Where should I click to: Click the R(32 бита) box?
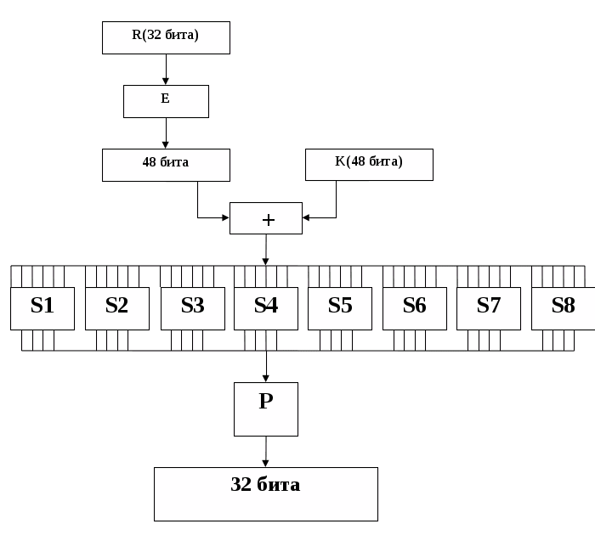point(166,38)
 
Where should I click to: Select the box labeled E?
point(166,101)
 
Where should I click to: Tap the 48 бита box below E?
point(166,165)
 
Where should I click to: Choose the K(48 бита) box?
point(369,164)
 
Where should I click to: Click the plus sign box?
point(266,218)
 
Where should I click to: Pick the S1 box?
point(42,308)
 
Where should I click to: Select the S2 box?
point(117,308)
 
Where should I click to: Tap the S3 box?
point(192,308)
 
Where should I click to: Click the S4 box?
point(266,308)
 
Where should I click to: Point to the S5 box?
point(340,308)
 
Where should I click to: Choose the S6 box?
point(415,308)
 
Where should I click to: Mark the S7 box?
point(489,308)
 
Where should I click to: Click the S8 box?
point(563,308)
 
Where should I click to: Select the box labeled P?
point(266,408)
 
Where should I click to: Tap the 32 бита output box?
point(266,493)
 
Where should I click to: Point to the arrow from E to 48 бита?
point(166,133)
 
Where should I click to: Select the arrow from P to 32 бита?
point(266,452)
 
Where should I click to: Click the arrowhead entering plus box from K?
point(308,218)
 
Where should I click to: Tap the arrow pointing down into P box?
point(266,367)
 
